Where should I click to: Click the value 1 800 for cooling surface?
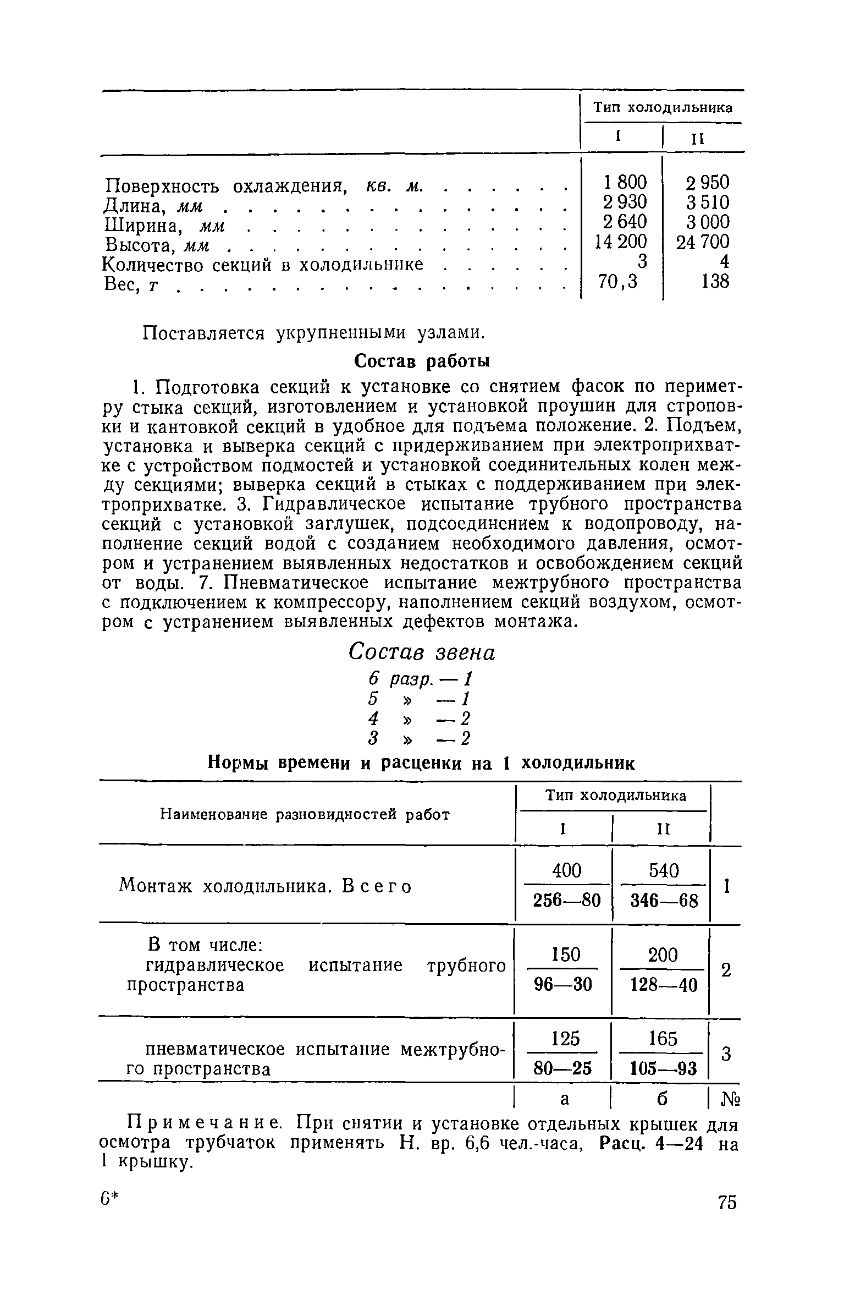[x=625, y=182]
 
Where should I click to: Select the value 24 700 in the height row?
[x=702, y=242]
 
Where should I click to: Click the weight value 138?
[x=715, y=282]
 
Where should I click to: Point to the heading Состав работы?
[x=422, y=361]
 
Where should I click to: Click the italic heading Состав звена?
[x=422, y=653]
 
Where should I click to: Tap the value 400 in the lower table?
[x=566, y=871]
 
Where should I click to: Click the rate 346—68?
[x=664, y=902]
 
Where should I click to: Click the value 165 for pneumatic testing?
[x=662, y=1039]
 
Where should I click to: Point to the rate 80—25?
[x=563, y=1068]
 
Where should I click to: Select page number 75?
[x=726, y=1203]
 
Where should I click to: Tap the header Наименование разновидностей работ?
[x=305, y=815]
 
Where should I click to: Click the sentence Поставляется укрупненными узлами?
[x=314, y=333]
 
